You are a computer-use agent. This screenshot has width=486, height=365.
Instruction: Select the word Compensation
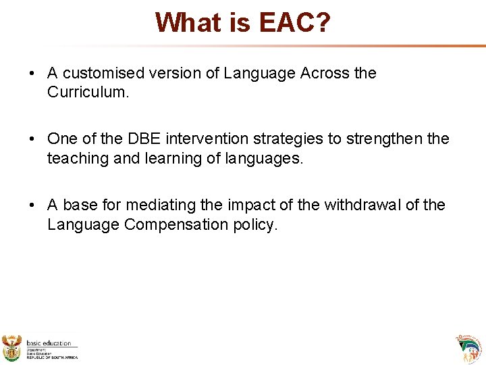pos(176,224)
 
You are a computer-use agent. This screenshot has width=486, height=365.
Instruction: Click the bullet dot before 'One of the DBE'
pos(32,139)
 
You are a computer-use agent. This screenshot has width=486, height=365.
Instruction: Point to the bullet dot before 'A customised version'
pos(32,74)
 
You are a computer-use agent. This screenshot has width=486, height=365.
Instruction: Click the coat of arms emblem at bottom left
pos(12,347)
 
